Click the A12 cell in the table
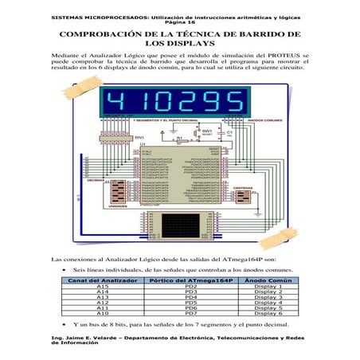[x=101, y=303]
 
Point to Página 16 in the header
[x=179, y=22]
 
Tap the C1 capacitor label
[x=229, y=132]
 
